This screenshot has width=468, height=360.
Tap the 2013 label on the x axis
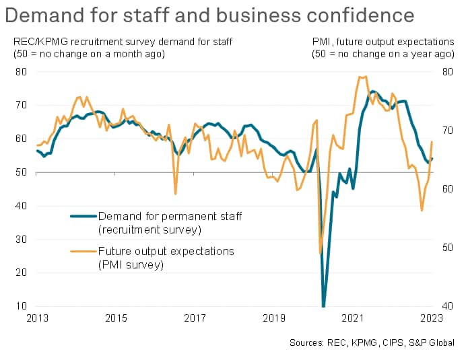click(36, 318)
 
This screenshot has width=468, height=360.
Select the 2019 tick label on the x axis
click(273, 318)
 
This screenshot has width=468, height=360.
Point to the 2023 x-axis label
click(432, 318)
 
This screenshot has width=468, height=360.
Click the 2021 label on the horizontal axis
click(353, 318)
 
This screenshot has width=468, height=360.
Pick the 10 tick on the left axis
click(22, 307)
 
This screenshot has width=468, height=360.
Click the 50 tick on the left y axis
click(22, 172)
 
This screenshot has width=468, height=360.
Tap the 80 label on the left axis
click(22, 71)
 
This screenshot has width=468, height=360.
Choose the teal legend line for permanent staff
click(83, 216)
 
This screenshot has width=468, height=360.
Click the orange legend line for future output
click(83, 252)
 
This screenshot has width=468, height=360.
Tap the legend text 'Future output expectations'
click(166, 252)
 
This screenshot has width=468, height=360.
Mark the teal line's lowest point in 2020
click(324, 306)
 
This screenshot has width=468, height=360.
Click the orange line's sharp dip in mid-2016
click(176, 194)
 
